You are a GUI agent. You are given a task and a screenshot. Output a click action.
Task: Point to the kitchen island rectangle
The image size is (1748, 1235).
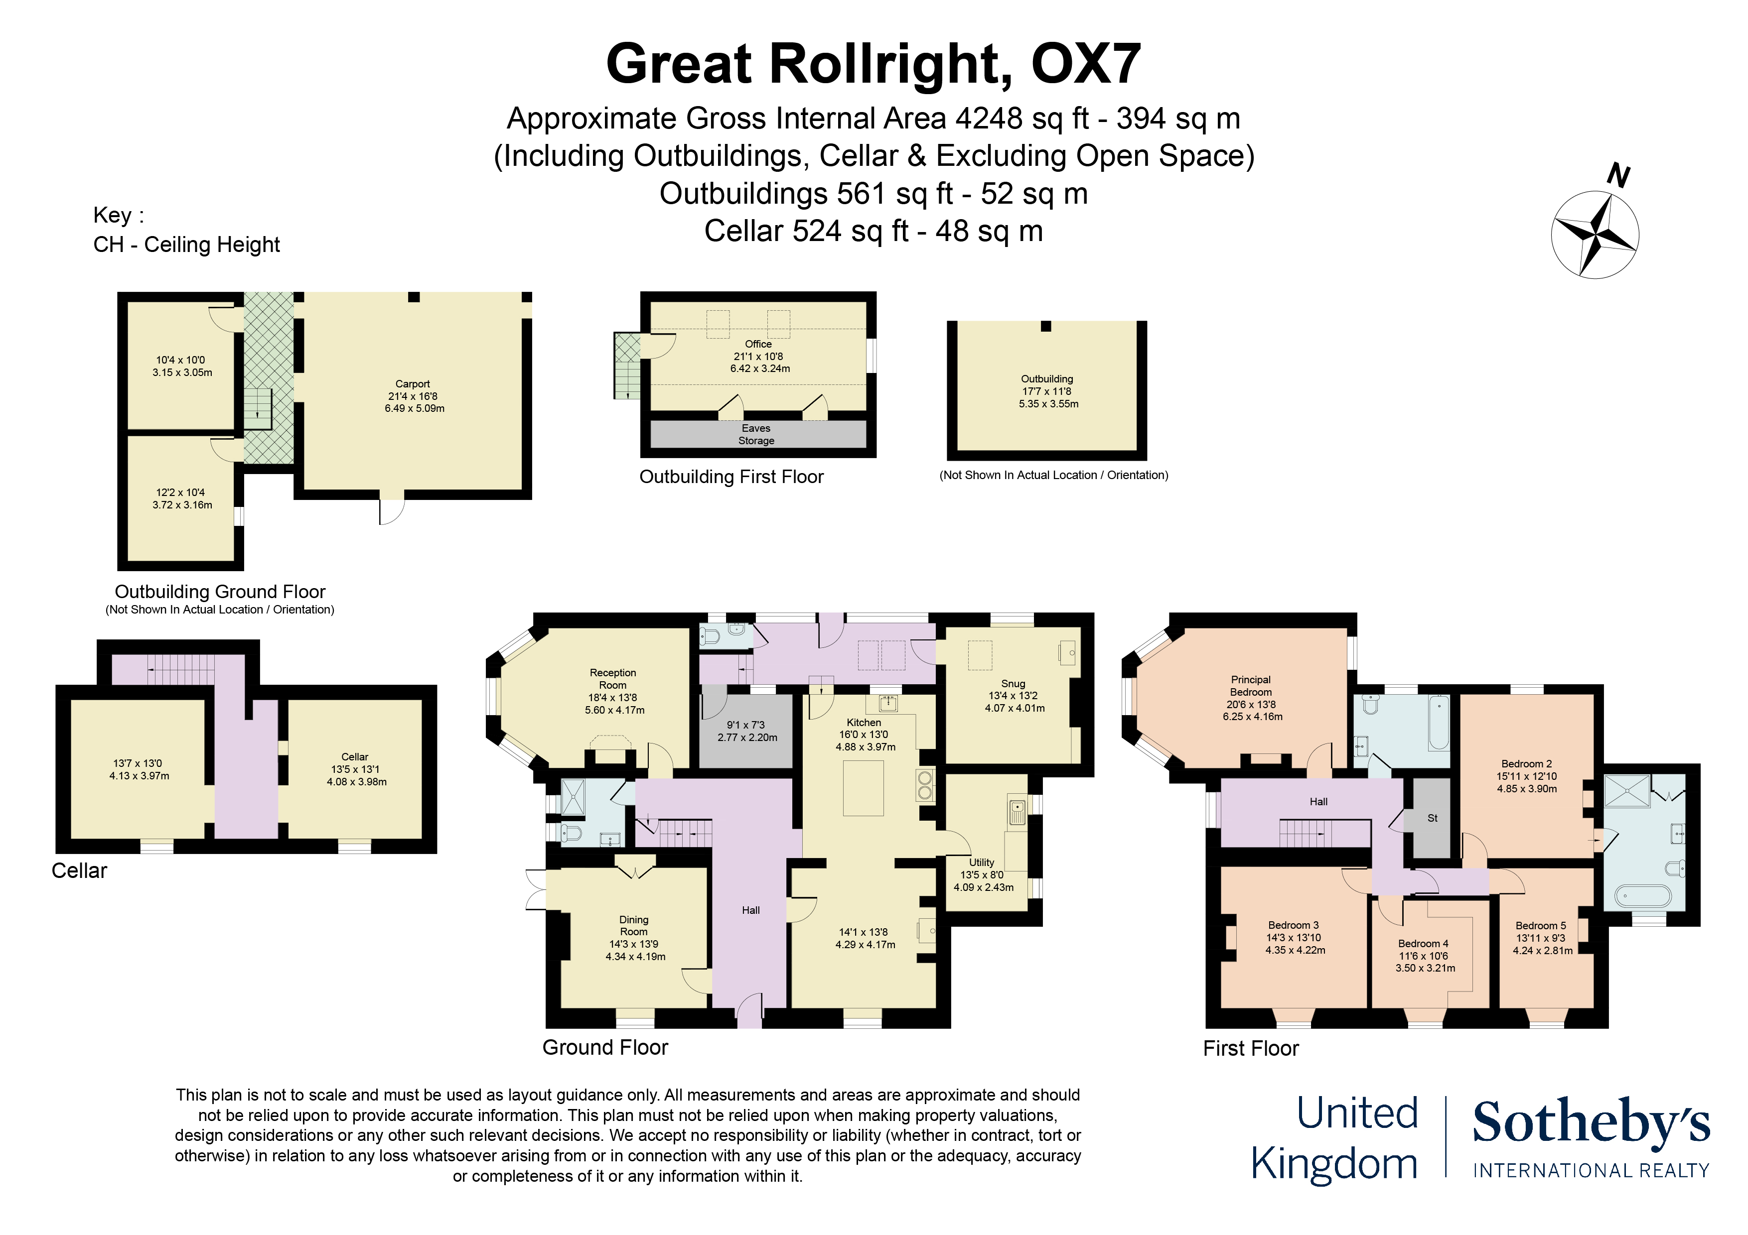[864, 788]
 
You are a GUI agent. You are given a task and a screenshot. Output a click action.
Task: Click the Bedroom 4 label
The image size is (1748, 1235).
[1423, 944]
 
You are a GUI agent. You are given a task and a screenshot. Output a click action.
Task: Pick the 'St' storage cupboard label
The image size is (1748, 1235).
[1432, 818]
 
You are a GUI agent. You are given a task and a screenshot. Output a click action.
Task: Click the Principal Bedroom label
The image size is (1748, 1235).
[1251, 686]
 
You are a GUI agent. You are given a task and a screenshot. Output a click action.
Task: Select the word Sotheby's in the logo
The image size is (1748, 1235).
[1591, 1122]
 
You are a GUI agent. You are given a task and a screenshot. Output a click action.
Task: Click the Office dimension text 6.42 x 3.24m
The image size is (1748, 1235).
[760, 369]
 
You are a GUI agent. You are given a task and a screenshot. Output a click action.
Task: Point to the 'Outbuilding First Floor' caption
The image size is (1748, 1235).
[731, 477]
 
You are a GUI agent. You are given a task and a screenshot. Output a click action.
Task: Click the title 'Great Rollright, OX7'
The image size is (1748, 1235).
[873, 63]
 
